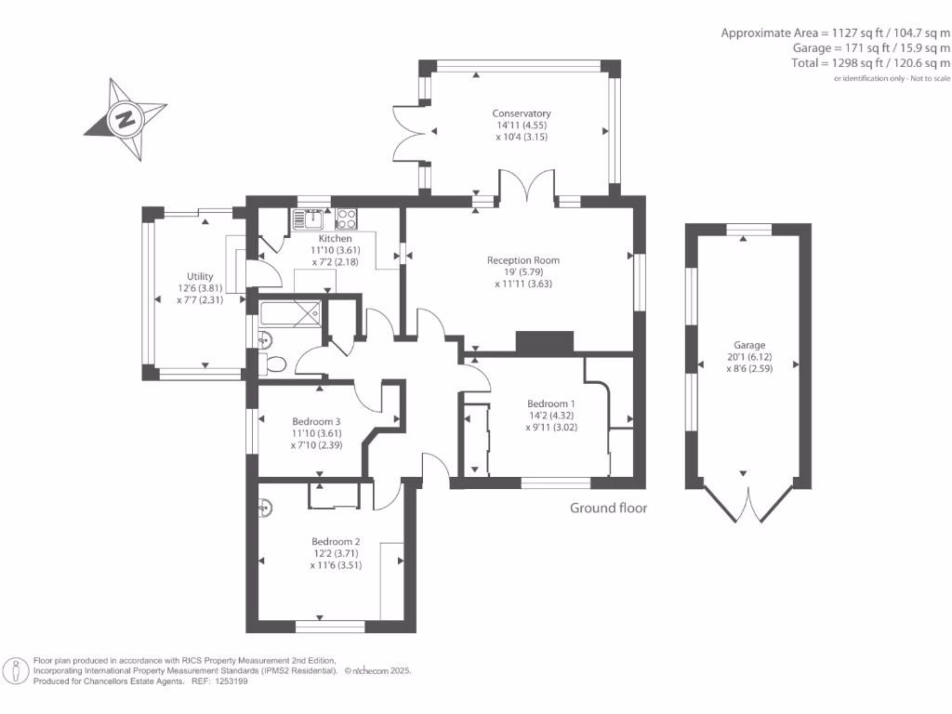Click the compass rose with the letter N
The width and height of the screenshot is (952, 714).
tap(125, 119)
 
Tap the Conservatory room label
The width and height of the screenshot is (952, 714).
tap(522, 113)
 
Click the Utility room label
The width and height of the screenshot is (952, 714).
tap(200, 276)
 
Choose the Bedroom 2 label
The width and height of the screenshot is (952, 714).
tap(336, 541)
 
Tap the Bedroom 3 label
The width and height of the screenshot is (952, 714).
tap(316, 421)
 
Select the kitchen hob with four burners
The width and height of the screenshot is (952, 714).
tap(347, 218)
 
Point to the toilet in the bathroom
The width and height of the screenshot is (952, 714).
tap(271, 364)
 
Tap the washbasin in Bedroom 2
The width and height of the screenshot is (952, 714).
tap(266, 508)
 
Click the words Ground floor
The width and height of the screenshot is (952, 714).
tap(608, 509)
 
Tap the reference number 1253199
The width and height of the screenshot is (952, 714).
tap(231, 681)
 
